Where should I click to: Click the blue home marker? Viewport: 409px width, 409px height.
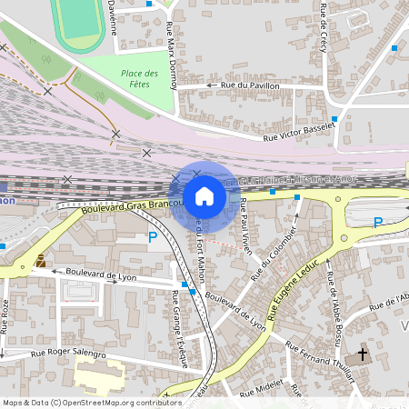pos(204,196)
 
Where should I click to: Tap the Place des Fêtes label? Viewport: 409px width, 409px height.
pos(139,78)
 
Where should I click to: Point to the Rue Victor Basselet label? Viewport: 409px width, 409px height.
pos(298,134)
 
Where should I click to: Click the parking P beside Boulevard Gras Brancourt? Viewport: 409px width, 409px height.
pos(152,238)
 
